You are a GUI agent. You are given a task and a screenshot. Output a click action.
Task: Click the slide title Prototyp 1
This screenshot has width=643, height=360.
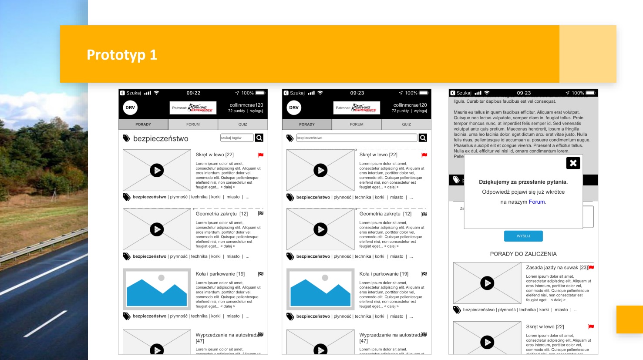click(121, 55)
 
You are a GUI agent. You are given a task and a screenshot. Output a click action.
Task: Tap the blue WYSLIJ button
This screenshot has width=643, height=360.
click(523, 236)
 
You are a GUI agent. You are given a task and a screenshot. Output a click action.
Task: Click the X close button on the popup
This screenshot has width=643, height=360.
click(573, 163)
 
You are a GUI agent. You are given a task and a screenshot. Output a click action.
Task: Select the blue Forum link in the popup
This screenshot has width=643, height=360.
click(537, 202)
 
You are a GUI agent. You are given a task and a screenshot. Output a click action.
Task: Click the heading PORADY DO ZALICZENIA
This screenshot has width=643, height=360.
click(523, 254)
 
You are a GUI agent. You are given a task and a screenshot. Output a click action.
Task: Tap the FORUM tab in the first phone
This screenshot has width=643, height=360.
click(193, 124)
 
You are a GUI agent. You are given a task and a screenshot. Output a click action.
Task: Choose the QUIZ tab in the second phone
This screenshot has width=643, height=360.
click(406, 124)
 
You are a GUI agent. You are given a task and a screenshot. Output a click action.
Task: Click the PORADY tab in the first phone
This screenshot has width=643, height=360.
click(143, 124)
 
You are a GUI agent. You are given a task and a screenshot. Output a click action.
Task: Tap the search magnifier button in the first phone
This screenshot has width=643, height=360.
click(259, 138)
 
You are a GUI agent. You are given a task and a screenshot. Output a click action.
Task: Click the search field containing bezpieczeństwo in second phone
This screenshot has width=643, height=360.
click(356, 138)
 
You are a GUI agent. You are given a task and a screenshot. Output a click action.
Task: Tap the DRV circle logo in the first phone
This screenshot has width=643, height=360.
click(130, 108)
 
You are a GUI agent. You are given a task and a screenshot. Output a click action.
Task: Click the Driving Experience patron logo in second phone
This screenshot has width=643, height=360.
click(357, 108)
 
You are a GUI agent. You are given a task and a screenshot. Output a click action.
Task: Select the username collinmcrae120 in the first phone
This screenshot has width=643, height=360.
click(246, 105)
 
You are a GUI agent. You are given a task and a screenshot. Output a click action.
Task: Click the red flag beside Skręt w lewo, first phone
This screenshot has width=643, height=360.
click(260, 155)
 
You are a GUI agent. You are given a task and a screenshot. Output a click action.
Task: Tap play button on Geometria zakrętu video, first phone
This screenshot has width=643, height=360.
click(157, 229)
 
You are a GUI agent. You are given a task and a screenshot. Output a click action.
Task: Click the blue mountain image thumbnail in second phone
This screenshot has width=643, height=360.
click(320, 289)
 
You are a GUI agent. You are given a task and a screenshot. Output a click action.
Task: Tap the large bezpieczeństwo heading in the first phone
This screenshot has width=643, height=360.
click(161, 139)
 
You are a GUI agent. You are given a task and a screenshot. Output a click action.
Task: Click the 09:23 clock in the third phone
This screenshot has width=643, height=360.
click(524, 93)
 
